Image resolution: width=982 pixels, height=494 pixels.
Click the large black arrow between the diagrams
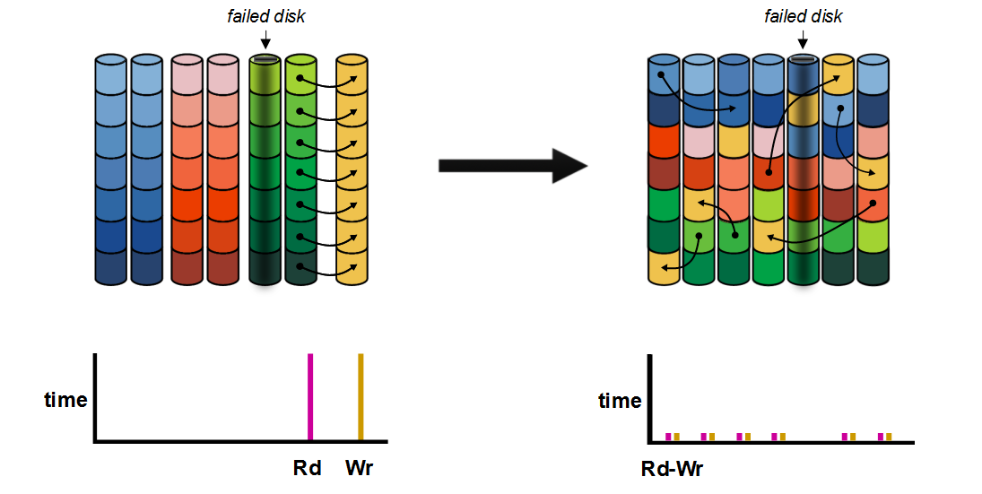[x=511, y=166]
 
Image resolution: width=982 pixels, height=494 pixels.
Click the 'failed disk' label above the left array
[x=265, y=17]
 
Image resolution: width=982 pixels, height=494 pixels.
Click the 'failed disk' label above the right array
[x=803, y=17]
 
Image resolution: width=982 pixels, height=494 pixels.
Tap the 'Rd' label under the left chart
[x=307, y=468]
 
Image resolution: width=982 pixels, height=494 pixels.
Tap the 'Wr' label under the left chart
[x=359, y=468]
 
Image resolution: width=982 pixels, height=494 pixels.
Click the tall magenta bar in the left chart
[x=309, y=396]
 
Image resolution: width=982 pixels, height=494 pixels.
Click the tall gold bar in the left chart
[x=361, y=396]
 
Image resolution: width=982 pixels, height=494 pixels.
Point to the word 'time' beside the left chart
[x=66, y=400]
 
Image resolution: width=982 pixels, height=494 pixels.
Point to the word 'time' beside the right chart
[x=620, y=401]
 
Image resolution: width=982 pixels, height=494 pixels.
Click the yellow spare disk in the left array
[x=352, y=170]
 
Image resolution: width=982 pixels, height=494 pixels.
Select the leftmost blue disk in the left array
[x=112, y=170]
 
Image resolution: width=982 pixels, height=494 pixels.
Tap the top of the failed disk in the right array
[x=803, y=60]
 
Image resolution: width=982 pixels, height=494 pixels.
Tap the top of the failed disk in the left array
[x=265, y=60]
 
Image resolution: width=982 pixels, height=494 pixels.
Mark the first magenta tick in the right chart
[x=668, y=437]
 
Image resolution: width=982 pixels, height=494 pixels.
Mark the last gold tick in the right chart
[x=889, y=437]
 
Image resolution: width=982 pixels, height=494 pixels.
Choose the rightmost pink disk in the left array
[x=222, y=170]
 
